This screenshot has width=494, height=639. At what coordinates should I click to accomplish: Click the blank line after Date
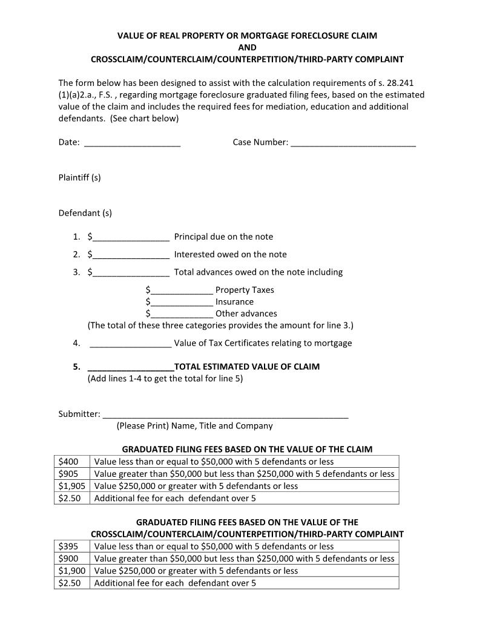tap(132, 143)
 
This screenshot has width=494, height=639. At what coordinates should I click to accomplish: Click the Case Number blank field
tap(353, 143)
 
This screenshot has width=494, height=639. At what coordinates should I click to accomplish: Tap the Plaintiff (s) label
tap(79, 177)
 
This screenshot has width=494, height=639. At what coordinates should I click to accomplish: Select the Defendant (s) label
tap(85, 213)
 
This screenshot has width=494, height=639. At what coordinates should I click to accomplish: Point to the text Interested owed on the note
tap(230, 255)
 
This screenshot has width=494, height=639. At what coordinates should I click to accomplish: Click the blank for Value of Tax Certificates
tap(130, 344)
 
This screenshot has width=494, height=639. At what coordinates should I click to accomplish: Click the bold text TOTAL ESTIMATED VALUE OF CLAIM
tap(246, 367)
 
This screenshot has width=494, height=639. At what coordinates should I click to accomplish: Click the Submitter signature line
tap(225, 415)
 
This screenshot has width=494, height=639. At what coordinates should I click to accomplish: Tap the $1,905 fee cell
tap(71, 486)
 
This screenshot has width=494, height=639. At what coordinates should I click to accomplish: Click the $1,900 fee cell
tap(71, 571)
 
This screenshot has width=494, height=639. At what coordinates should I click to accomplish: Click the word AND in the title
tap(247, 47)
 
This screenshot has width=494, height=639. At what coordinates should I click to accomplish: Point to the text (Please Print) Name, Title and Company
tap(194, 426)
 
